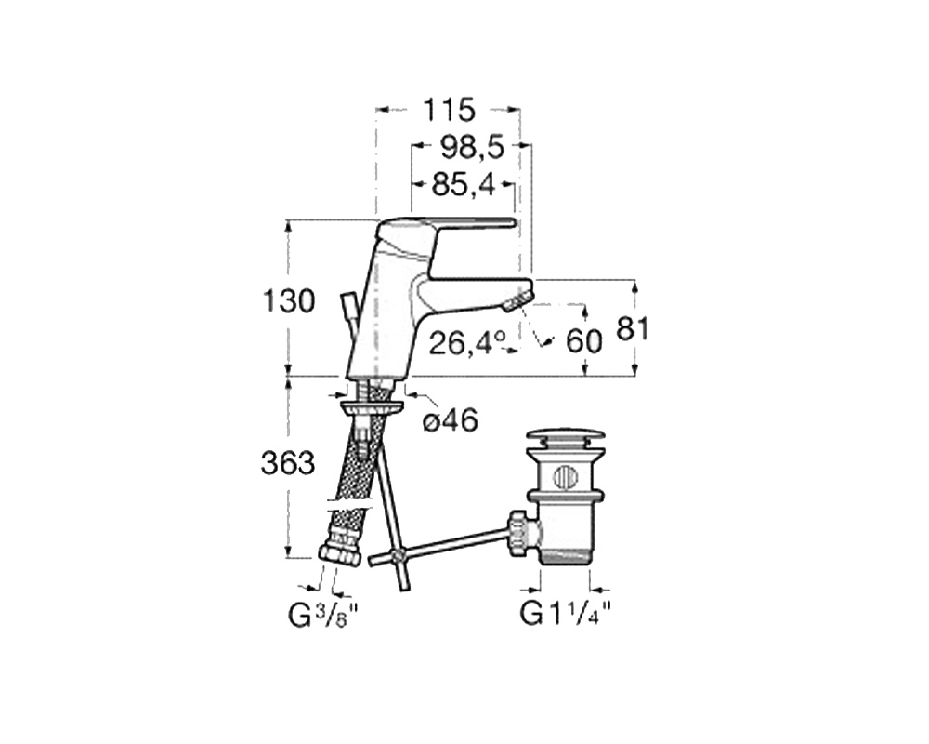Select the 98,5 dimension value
click(472, 147)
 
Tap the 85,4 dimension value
click(463, 185)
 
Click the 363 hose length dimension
click(287, 463)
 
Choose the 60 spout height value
click(584, 341)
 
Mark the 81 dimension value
click(632, 328)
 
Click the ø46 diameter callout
click(451, 421)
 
